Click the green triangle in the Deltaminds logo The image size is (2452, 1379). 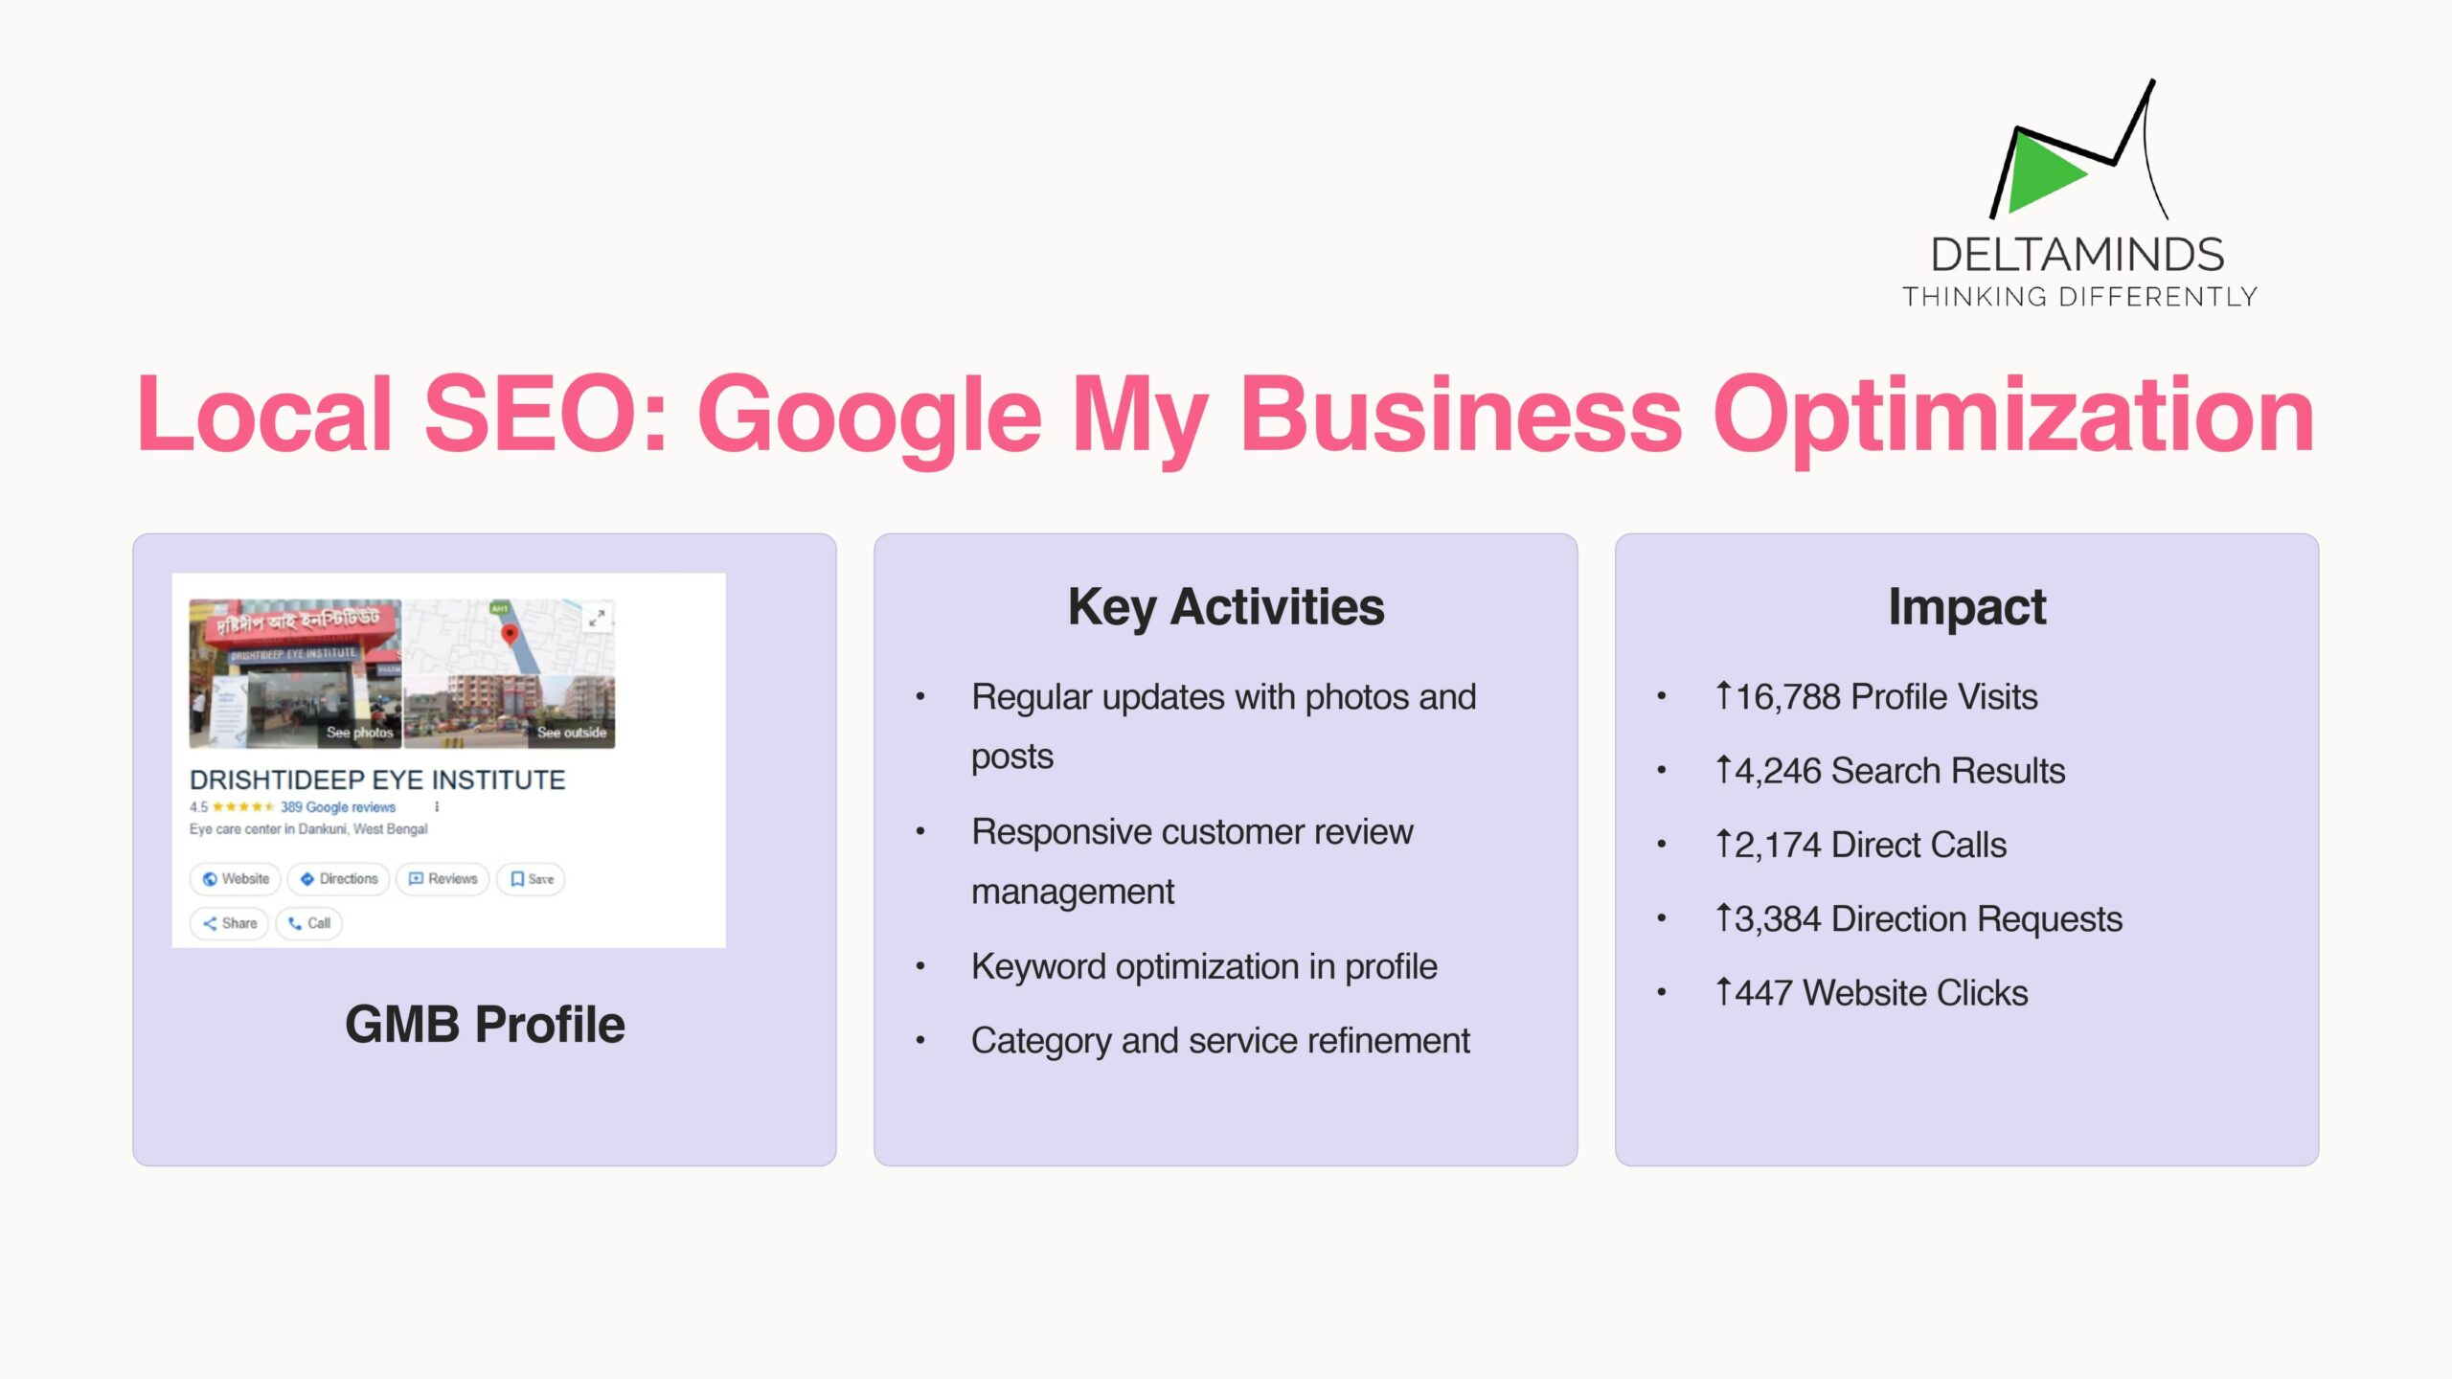tap(2040, 172)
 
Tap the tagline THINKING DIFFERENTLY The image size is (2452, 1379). tap(2079, 297)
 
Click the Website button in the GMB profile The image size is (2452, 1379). tap(236, 878)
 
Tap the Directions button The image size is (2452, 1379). tap(339, 878)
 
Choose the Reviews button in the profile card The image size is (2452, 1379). tap(443, 878)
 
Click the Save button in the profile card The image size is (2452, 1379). tap(531, 878)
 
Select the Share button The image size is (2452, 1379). tap(229, 923)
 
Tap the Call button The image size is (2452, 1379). tap(308, 923)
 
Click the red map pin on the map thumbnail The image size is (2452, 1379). tap(510, 634)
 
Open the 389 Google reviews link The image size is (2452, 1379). tap(338, 807)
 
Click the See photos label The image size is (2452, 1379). tap(359, 733)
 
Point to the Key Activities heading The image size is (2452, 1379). tap(1226, 607)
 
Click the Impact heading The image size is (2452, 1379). tap(1967, 607)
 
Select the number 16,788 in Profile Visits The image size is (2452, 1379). tap(1788, 697)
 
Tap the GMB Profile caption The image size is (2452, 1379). tap(485, 1025)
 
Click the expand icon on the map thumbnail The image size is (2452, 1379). tap(597, 618)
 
